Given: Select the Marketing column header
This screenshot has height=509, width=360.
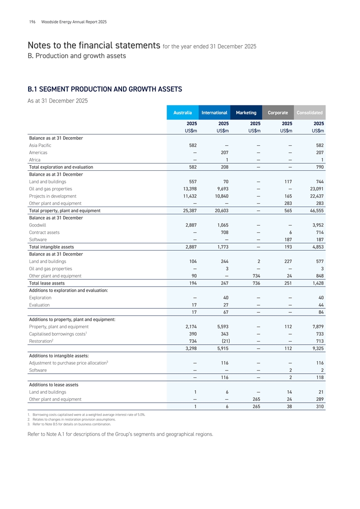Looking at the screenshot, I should (246, 113).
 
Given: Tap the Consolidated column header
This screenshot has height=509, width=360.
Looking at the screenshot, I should (310, 113).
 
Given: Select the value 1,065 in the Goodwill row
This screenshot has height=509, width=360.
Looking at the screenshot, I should (220, 225).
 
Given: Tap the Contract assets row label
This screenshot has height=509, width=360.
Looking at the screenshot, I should (44, 232).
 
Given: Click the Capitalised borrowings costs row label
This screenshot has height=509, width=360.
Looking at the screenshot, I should (57, 334).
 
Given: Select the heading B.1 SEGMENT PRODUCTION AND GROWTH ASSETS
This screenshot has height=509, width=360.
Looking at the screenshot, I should (105, 89).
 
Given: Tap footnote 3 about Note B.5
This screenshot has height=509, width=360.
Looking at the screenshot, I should (66, 424).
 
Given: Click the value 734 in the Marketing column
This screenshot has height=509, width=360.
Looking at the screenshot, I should (254, 276).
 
